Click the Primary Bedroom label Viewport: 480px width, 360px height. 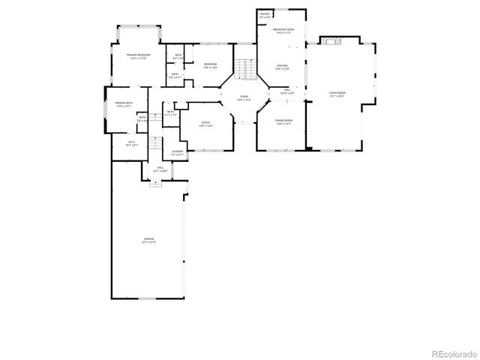[137, 55]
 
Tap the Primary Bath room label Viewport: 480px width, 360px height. [124, 102]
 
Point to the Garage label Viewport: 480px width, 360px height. [148, 238]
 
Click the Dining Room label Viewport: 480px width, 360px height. [283, 120]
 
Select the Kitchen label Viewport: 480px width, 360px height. [282, 66]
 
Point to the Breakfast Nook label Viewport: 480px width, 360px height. [285, 29]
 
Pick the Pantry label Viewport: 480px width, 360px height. [265, 13]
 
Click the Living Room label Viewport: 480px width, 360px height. [337, 93]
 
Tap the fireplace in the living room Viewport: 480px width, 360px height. [333, 42]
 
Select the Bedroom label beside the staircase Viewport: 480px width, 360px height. [210, 64]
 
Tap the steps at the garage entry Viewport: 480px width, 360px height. [155, 184]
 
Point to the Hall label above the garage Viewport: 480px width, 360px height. [160, 168]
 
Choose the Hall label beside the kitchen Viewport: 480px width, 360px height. [286, 90]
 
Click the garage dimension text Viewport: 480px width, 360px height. [148, 242]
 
